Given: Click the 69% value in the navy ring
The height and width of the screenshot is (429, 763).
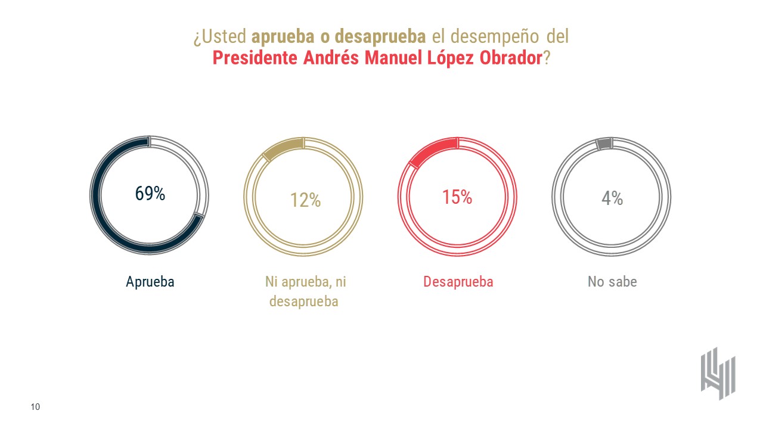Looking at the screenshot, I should pyautogui.click(x=150, y=194).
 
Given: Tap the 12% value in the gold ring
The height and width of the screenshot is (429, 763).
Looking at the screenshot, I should pyautogui.click(x=305, y=200).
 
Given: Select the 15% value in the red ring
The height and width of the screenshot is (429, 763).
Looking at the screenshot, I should pyautogui.click(x=457, y=197).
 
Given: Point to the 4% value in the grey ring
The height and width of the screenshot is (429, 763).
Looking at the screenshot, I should pyautogui.click(x=612, y=198).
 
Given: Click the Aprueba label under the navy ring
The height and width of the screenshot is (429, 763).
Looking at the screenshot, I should pyautogui.click(x=150, y=282).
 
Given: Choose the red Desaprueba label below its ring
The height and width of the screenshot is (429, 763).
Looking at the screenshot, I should pyautogui.click(x=458, y=282).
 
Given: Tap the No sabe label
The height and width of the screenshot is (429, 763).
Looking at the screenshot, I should pyautogui.click(x=612, y=282).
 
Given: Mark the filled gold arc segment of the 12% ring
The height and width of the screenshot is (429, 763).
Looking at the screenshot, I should pyautogui.click(x=284, y=148).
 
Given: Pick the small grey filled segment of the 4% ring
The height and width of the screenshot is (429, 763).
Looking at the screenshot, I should pyautogui.click(x=604, y=144).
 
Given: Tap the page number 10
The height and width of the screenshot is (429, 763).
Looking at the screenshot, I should pyautogui.click(x=35, y=407).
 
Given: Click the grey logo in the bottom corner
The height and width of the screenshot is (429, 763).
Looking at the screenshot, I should pyautogui.click(x=718, y=373).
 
